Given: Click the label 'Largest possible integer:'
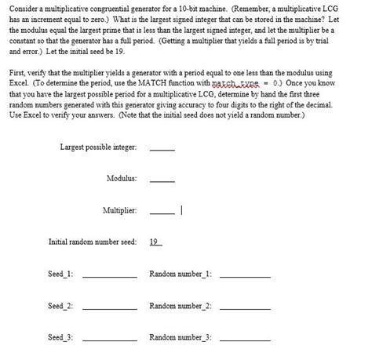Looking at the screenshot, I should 98,147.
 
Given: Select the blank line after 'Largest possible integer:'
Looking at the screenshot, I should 162,149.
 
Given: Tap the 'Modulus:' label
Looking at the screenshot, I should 122,179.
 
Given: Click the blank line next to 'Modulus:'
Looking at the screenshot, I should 162,180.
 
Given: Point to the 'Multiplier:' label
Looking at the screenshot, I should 119,210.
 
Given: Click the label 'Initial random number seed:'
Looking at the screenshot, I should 93,242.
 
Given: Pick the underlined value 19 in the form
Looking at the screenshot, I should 155,242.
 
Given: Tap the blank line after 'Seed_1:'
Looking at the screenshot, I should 110,276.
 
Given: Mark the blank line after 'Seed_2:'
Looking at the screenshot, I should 110,307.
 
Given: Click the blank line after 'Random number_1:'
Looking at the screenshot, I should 245,276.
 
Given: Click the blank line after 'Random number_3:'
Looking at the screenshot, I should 245,340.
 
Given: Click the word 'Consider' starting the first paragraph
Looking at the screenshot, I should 24,6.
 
